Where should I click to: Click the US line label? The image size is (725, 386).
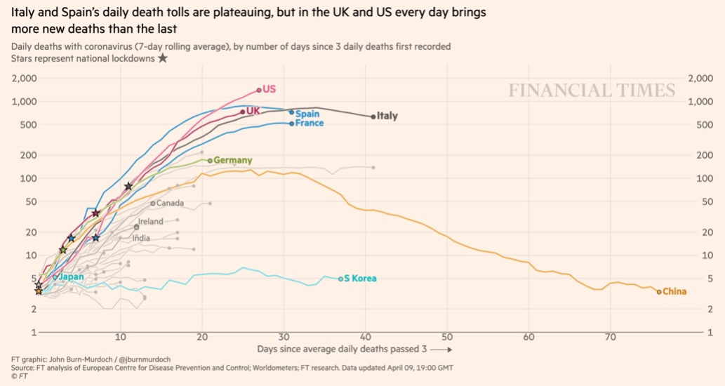click(x=270, y=89)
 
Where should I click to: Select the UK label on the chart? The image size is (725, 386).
click(x=253, y=111)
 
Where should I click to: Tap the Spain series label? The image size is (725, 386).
click(x=307, y=114)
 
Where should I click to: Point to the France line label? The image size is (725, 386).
click(x=310, y=124)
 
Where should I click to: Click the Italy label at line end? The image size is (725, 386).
click(x=387, y=116)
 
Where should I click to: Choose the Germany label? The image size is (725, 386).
click(x=232, y=160)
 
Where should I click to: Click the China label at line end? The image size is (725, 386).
click(x=674, y=291)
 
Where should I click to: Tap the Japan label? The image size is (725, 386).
click(x=71, y=277)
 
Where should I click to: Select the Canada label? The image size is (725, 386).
click(x=170, y=204)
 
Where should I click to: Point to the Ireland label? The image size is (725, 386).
click(x=151, y=221)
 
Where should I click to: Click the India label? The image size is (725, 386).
click(x=141, y=238)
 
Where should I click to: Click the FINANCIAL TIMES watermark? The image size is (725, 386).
click(x=592, y=91)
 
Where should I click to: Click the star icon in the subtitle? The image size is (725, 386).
click(x=162, y=58)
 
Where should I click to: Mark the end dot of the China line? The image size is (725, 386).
click(x=659, y=291)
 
